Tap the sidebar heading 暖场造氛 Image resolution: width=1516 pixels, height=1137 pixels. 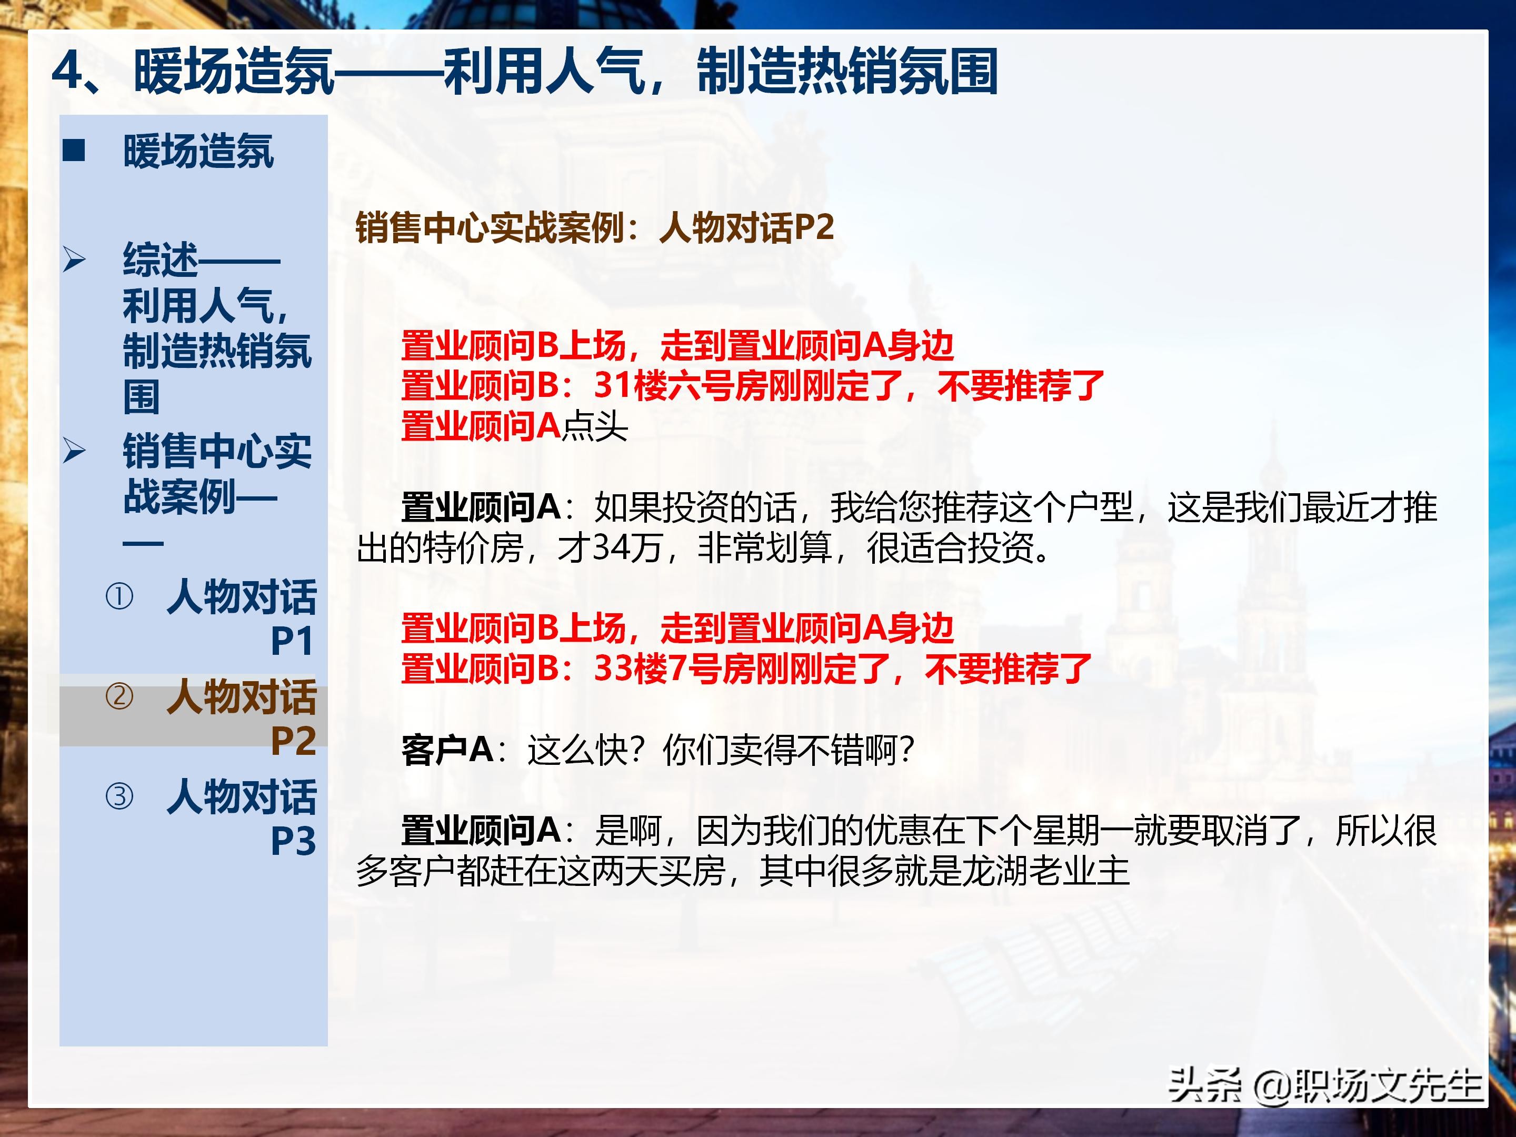click(198, 151)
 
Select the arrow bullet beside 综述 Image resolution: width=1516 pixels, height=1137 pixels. click(74, 260)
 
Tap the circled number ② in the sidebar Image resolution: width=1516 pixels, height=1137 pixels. click(119, 696)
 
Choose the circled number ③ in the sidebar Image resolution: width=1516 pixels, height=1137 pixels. click(119, 796)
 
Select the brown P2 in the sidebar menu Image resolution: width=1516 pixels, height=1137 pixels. click(293, 741)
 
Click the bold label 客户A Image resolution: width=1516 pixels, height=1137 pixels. click(447, 749)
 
